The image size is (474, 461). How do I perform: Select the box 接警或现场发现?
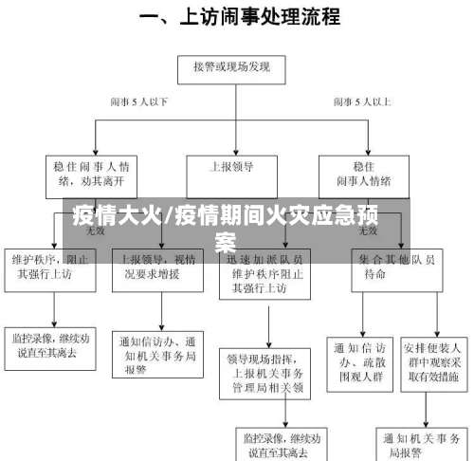231,67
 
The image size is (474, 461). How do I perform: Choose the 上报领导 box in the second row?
231,167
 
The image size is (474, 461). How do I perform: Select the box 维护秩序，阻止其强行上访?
54,267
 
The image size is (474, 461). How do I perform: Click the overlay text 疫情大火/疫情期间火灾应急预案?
228,226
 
